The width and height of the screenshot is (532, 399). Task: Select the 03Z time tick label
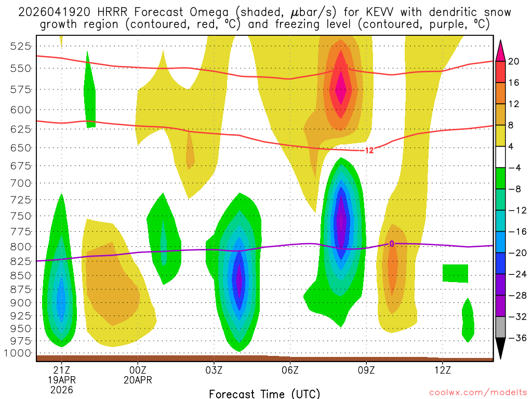click(x=214, y=370)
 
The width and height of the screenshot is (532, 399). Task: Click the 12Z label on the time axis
click(x=442, y=370)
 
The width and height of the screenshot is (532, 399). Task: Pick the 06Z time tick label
click(x=290, y=370)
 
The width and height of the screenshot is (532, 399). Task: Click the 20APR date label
click(x=138, y=380)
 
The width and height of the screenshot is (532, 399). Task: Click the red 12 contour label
click(x=369, y=151)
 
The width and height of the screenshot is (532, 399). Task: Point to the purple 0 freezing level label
click(x=391, y=243)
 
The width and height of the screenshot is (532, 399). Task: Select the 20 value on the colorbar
click(x=514, y=61)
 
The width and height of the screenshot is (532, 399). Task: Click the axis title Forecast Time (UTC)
click(x=264, y=393)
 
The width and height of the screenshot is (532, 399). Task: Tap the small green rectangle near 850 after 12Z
click(x=455, y=273)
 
